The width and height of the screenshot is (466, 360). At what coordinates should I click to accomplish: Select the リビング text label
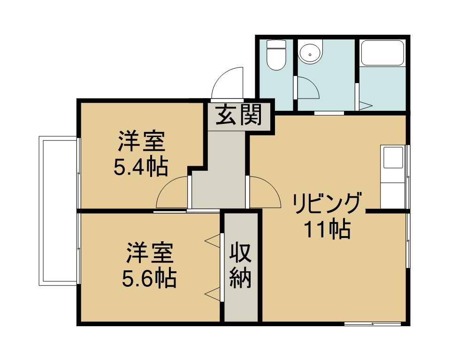point(328,204)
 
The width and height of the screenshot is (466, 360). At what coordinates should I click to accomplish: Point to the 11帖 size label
point(327,229)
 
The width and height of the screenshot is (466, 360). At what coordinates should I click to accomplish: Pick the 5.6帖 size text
point(149,279)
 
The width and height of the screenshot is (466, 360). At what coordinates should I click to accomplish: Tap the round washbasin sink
point(310,54)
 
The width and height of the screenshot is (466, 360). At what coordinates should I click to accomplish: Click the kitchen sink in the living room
point(393,157)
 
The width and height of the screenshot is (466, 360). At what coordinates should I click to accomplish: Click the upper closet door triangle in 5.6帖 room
point(213,241)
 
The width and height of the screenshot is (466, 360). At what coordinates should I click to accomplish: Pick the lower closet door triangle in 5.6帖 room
point(213,294)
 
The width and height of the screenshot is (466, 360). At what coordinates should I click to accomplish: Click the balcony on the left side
point(58,210)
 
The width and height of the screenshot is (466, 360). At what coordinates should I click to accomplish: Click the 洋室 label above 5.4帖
point(141,141)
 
